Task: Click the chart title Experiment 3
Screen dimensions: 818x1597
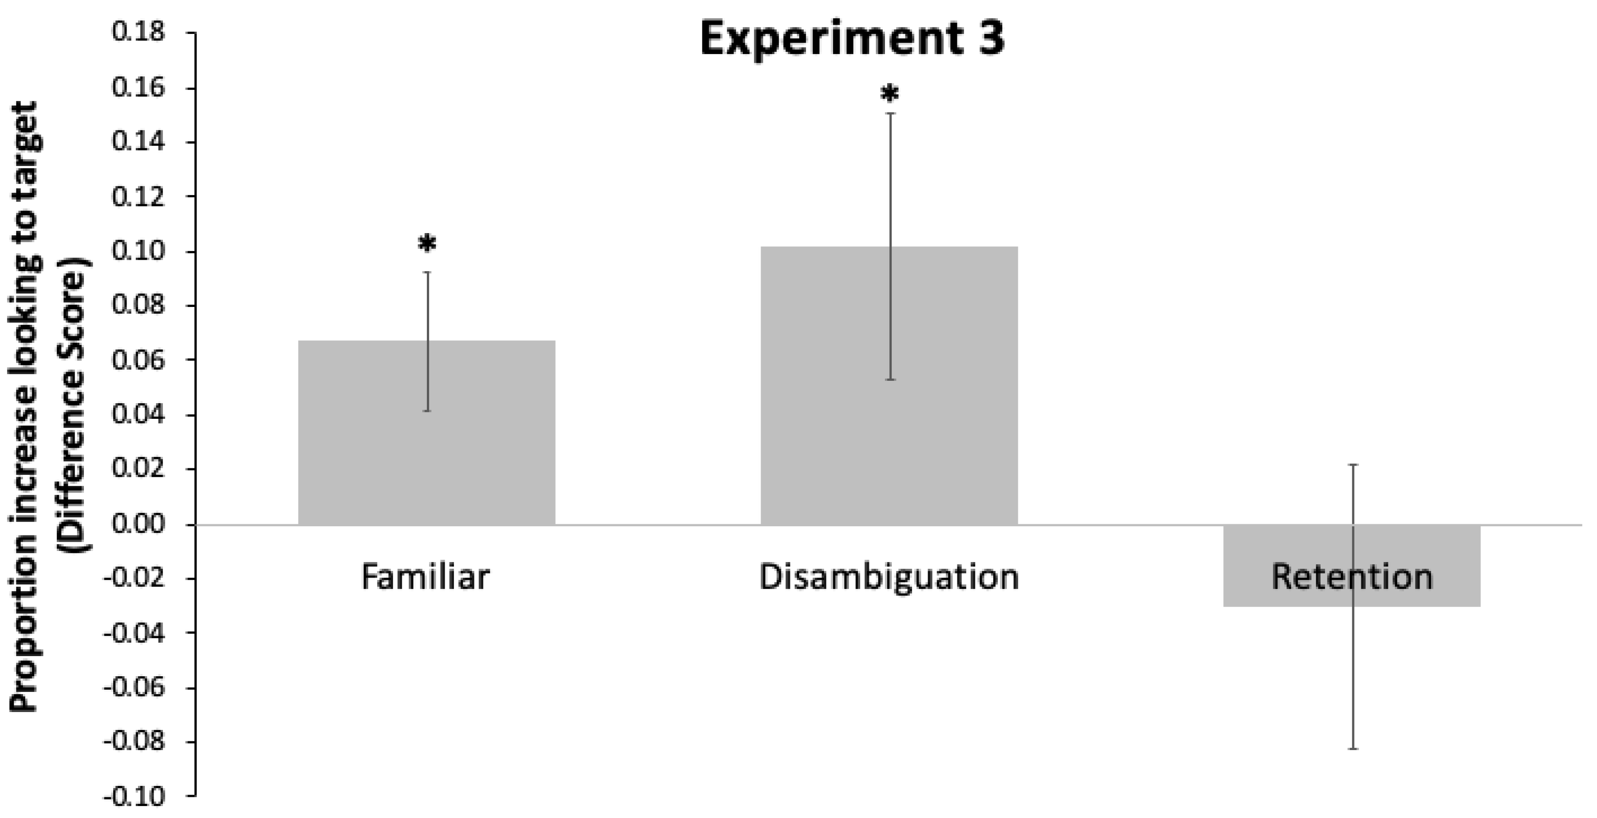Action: click(852, 39)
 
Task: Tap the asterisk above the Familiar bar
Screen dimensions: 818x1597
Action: click(426, 244)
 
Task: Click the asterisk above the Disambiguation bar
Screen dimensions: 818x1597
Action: click(889, 94)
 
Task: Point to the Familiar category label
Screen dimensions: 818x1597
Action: click(425, 577)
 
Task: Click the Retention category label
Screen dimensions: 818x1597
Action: click(1352, 577)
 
